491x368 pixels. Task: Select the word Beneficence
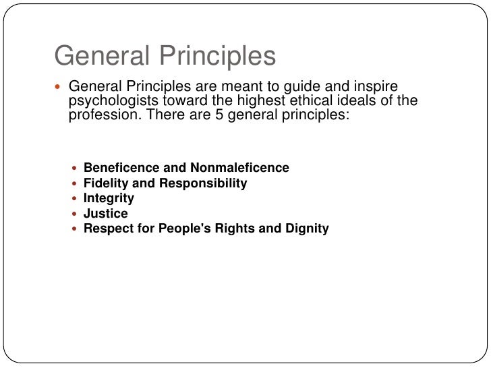119,168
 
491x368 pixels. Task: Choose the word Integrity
109,198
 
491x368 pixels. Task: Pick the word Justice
105,214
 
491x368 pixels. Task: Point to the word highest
271,101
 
